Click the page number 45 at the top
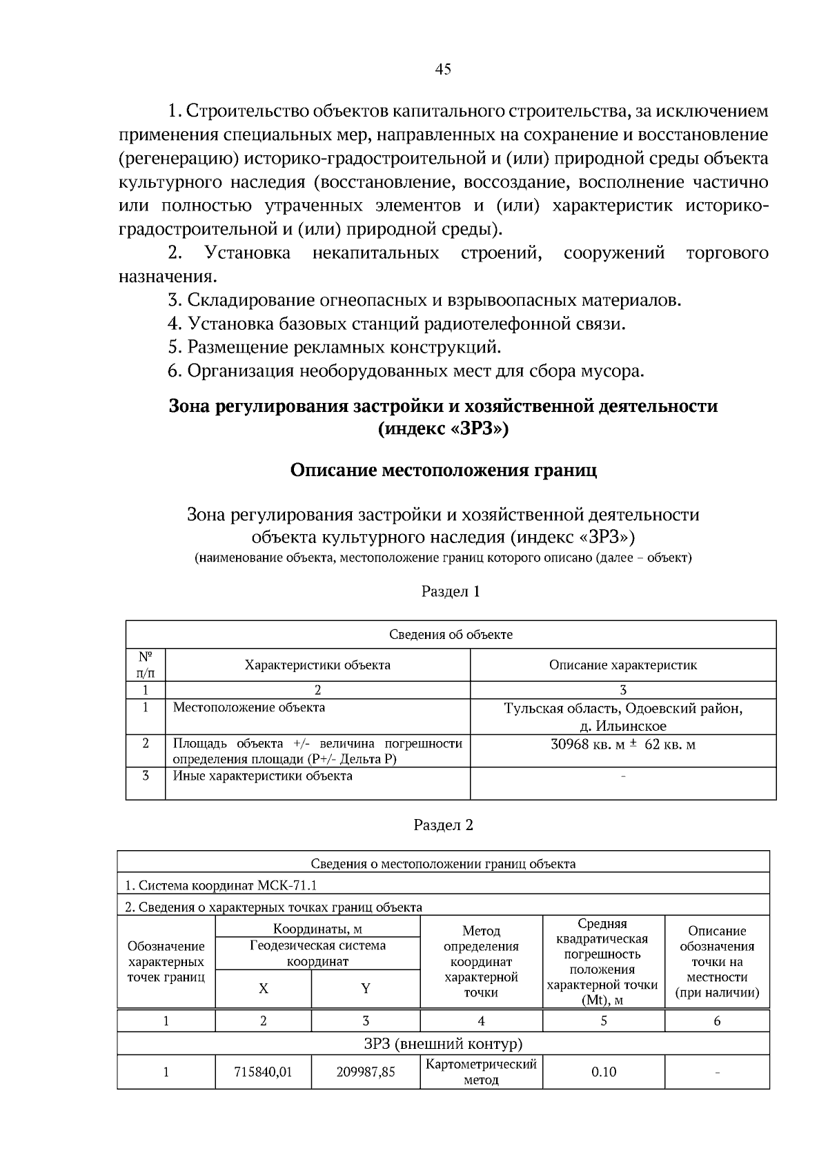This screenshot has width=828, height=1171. point(443,68)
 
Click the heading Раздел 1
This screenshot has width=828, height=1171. point(450,591)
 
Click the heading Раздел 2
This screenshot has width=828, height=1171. point(443,825)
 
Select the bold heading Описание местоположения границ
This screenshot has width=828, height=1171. point(443,471)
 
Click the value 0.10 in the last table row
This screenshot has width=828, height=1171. point(603,1072)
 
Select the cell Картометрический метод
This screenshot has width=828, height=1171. point(481,1072)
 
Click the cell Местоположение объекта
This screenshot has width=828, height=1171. point(249,707)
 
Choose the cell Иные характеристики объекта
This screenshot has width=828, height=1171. point(262,776)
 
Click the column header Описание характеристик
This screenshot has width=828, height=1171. point(622,665)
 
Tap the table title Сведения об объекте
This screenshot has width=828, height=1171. point(451,634)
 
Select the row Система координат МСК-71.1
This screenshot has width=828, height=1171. point(221,885)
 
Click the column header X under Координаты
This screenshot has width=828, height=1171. point(263,988)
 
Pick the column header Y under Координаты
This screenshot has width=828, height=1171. point(365,988)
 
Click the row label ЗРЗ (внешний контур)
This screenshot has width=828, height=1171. point(442,1043)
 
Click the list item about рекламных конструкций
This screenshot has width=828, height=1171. point(335,347)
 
